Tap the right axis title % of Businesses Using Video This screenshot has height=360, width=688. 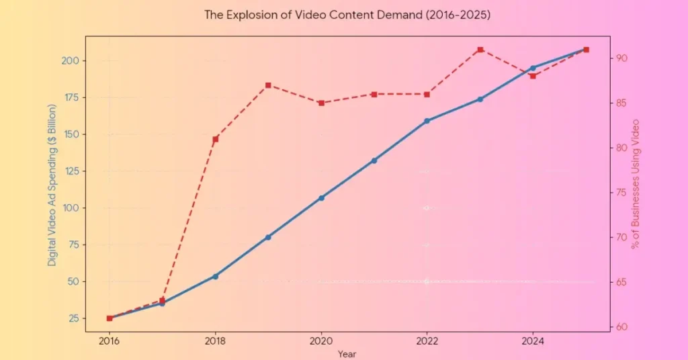[636, 184]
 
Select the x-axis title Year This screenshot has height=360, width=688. [347, 353]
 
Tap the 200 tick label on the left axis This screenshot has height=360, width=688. [71, 61]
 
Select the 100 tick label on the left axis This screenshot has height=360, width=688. [71, 208]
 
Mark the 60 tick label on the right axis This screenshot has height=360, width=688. [622, 327]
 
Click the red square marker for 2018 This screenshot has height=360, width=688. [216, 140]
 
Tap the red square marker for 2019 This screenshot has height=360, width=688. [268, 85]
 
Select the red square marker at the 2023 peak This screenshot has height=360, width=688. [480, 50]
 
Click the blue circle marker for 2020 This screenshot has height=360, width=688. [321, 198]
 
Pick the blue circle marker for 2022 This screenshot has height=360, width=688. [427, 121]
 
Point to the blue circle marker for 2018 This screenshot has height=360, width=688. [216, 276]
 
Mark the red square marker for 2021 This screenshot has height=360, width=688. [374, 94]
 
